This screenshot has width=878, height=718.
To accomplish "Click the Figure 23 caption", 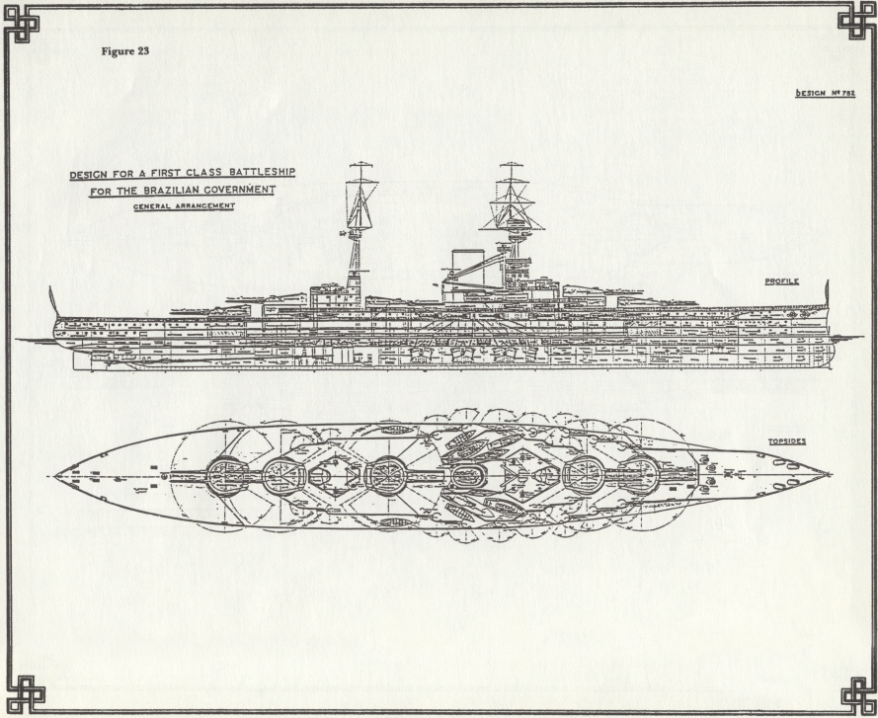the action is pyautogui.click(x=124, y=51).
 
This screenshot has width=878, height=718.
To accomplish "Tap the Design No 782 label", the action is pyautogui.click(x=826, y=93).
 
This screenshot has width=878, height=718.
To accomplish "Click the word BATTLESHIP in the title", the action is pyautogui.click(x=263, y=172).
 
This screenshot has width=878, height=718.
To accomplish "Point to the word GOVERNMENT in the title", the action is pyautogui.click(x=240, y=190).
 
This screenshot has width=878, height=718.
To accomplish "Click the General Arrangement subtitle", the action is pyautogui.click(x=184, y=206).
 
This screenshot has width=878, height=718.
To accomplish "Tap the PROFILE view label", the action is pyautogui.click(x=781, y=281).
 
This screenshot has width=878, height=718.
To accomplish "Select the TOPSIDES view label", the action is pyautogui.click(x=787, y=441).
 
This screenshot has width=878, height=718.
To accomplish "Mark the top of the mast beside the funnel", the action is pyautogui.click(x=511, y=163).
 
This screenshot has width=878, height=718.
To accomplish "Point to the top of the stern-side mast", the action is pyautogui.click(x=360, y=163).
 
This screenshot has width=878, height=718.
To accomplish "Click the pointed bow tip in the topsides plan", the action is pyautogui.click(x=830, y=474).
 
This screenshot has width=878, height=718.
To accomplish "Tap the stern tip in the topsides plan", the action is pyautogui.click(x=55, y=475).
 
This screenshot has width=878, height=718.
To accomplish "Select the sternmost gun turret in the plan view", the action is pyautogui.click(x=227, y=477).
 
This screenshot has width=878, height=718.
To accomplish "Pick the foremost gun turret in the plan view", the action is pyautogui.click(x=638, y=475).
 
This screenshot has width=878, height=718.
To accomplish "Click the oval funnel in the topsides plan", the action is pyautogui.click(x=468, y=476).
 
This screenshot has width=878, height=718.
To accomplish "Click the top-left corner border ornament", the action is pyautogui.click(x=22, y=23).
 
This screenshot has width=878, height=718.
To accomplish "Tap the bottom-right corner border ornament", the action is pyautogui.click(x=858, y=696).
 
